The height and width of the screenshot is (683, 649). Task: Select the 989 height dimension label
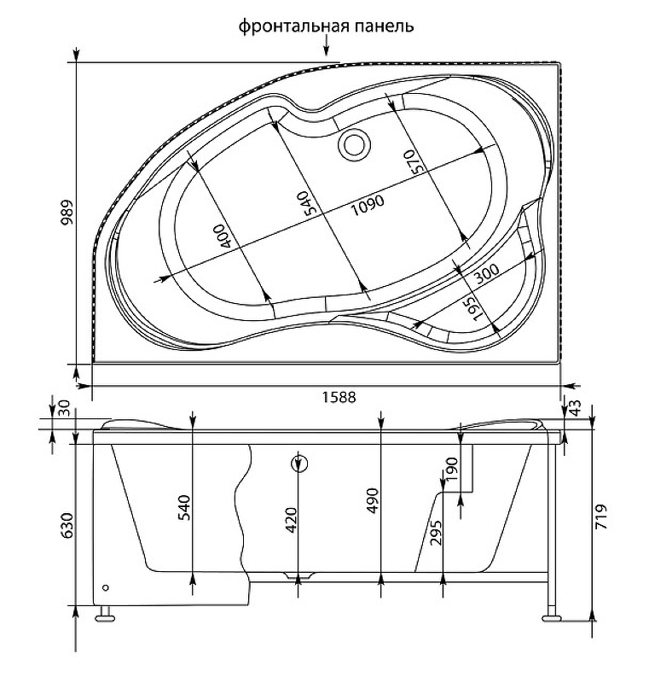tap(67, 213)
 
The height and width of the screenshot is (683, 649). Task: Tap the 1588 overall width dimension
tap(339, 397)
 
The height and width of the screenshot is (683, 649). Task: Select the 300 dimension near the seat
tap(486, 273)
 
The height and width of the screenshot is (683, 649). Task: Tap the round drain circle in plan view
tap(355, 144)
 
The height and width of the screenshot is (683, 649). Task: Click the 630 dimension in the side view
tap(67, 525)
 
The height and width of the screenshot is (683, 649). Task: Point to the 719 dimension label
tap(600, 517)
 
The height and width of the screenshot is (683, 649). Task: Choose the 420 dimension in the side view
tap(291, 521)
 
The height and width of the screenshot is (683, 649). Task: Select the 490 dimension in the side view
tap(374, 501)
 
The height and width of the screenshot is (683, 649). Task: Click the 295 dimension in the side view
tap(436, 532)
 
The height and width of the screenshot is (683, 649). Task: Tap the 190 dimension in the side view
tap(452, 469)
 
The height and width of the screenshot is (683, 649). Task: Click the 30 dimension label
tap(64, 409)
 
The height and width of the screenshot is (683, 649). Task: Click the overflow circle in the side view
tap(298, 464)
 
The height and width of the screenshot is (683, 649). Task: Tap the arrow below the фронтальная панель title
tap(327, 46)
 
